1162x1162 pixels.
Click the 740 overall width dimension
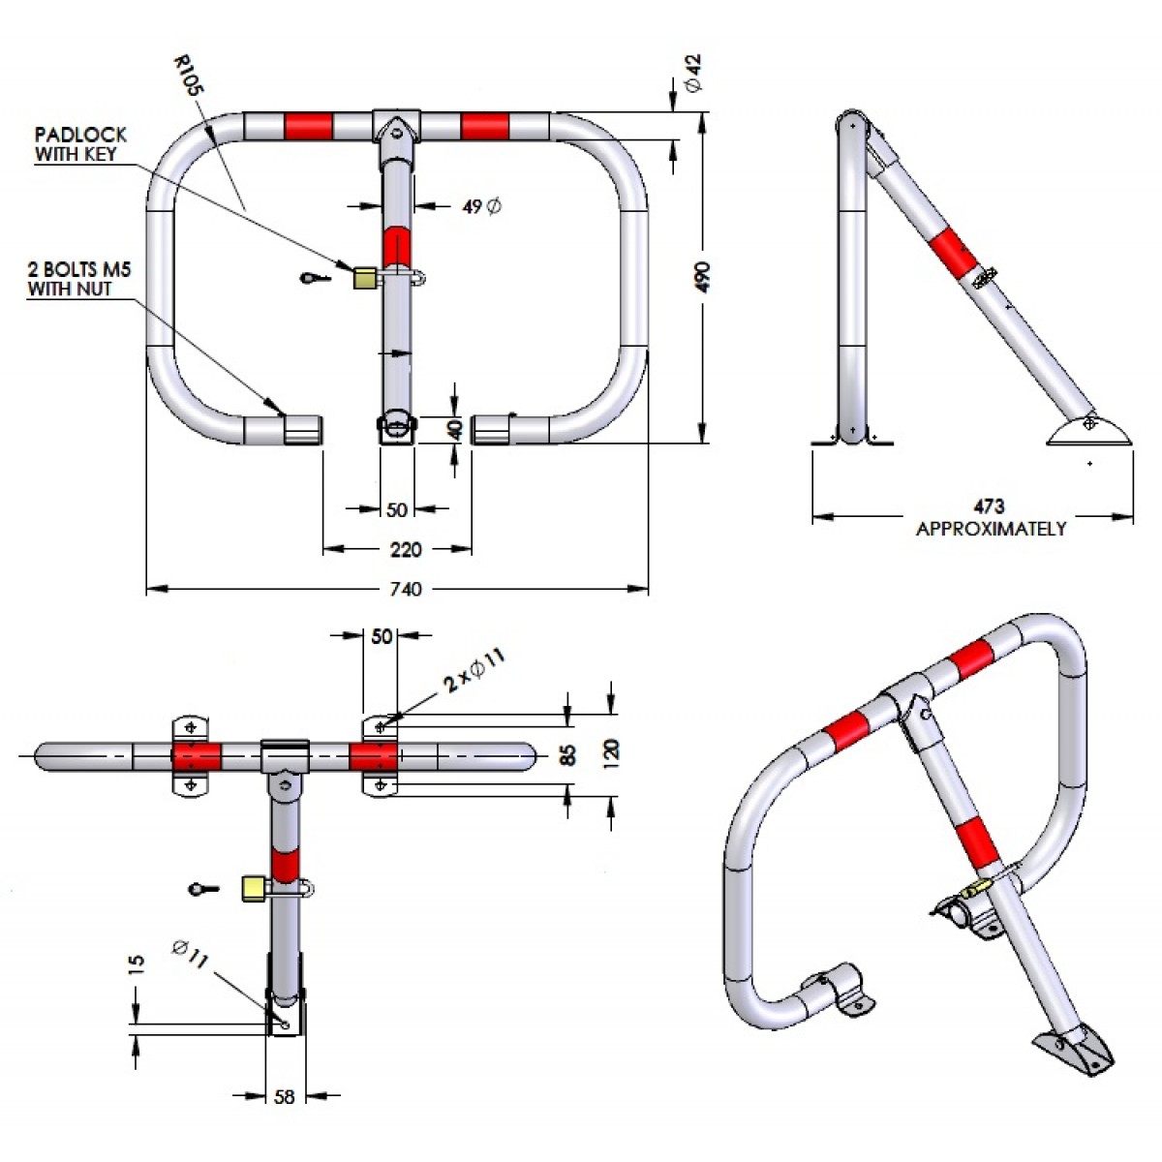(x=405, y=589)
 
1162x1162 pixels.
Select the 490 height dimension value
(x=703, y=277)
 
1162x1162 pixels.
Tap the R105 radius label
(x=189, y=75)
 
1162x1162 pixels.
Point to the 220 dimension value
(x=405, y=550)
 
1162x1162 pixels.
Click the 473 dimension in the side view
(x=989, y=506)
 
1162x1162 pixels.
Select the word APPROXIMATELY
(x=991, y=529)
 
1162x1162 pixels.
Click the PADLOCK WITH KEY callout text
(x=80, y=144)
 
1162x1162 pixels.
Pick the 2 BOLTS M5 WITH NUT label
(x=78, y=279)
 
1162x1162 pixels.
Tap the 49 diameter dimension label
(x=481, y=206)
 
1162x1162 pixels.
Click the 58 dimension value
(x=285, y=1097)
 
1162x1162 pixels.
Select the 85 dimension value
(x=568, y=752)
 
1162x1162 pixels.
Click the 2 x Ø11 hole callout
(x=474, y=672)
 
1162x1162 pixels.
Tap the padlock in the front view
(x=365, y=279)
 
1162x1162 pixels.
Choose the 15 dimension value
(x=137, y=963)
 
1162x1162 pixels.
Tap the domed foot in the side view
(x=1089, y=431)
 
